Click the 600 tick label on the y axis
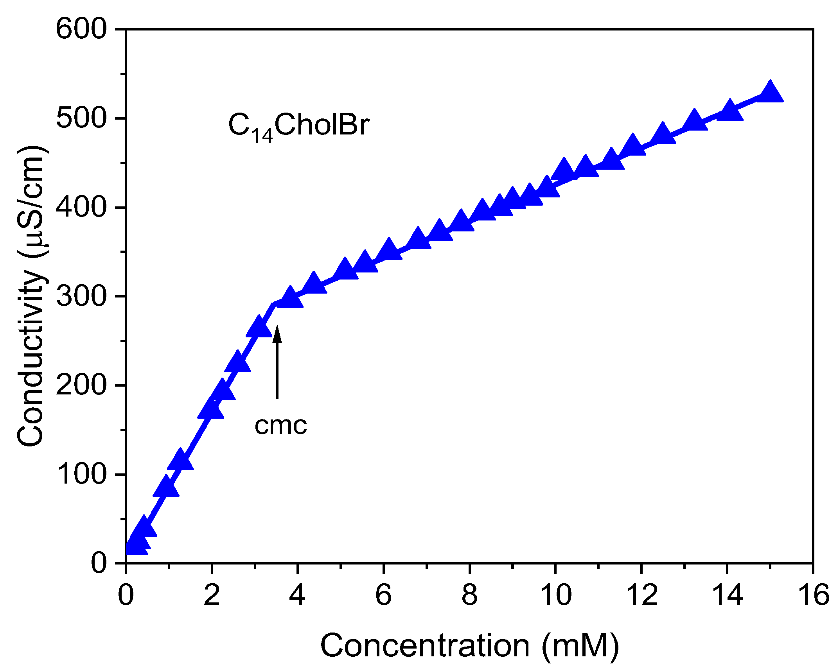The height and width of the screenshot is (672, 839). (81, 29)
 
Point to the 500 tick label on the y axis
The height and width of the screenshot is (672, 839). (81, 118)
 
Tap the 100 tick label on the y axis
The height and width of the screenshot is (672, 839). (81, 474)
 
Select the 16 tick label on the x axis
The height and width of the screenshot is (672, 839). (813, 595)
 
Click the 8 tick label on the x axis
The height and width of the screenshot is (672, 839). (469, 595)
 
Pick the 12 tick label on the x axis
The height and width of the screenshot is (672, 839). (641, 595)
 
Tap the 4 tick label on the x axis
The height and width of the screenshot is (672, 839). (298, 595)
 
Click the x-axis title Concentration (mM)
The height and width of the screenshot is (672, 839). (469, 646)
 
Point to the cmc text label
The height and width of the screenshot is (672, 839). (280, 425)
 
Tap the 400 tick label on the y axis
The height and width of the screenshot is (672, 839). (81, 207)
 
